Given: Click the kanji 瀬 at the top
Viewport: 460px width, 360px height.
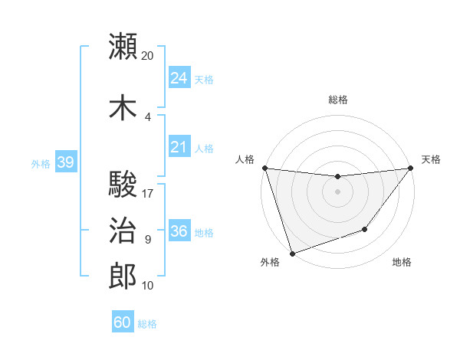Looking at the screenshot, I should coord(123,47).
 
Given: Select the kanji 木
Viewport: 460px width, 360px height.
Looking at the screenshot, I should coord(123,107).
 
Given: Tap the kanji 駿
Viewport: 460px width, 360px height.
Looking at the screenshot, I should coord(123,185).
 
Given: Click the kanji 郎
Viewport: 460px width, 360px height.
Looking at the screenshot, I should coord(123,277).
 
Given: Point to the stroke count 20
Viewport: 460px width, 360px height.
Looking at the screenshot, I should coord(148,56).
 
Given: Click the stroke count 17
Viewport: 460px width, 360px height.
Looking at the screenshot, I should coord(148,193).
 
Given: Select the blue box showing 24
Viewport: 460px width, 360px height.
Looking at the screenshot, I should coord(179,78).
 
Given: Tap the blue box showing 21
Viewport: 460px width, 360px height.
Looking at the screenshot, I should coord(179,148).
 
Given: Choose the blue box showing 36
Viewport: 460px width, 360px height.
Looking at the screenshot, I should coord(179,231).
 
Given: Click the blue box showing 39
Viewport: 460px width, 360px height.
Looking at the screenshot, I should coord(65,162).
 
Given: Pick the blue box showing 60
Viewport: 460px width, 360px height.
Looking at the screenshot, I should coord(123,322).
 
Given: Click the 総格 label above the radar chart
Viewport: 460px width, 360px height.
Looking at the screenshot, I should coord(337,100).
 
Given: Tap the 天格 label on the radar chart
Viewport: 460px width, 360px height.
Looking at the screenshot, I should coord(431,160).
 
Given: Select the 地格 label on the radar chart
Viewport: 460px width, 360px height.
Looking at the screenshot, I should coord(402,263).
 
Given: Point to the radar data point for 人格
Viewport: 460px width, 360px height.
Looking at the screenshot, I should coord(264,168).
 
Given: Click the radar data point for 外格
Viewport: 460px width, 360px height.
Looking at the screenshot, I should coord(292,253).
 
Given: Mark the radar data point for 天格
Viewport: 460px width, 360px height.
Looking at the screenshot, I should coord(410,168).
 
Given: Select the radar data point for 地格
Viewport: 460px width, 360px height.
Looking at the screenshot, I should coord(365,229).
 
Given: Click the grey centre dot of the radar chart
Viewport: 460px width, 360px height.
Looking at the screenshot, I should coord(337,191).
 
